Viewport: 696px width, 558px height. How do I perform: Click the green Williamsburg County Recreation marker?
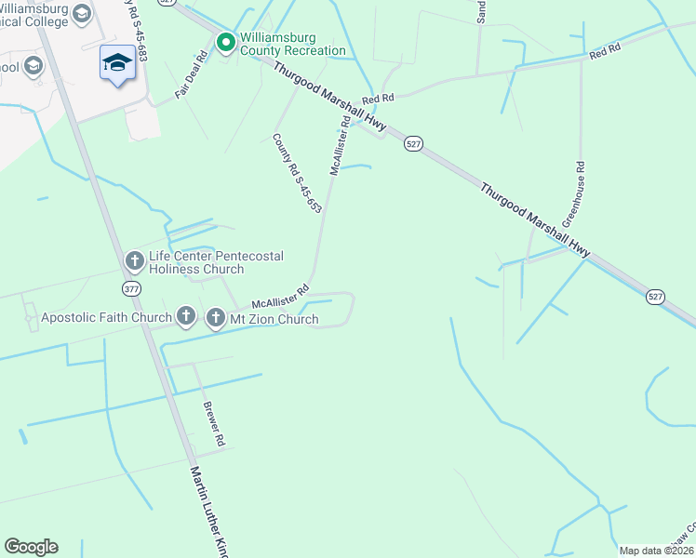point(225,42)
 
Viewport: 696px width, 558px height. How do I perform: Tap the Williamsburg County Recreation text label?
point(293,44)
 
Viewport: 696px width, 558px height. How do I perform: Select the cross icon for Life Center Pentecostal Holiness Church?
point(134,260)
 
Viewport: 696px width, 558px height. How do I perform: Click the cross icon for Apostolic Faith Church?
point(186,317)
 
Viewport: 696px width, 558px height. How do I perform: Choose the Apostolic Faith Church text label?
point(107,318)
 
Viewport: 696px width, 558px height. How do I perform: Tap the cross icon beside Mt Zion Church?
point(215,318)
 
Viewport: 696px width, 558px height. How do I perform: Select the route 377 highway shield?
point(132,289)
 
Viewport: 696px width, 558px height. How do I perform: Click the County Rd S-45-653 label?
point(297,173)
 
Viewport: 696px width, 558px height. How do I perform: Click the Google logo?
point(31,547)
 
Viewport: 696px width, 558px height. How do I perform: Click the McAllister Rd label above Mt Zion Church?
point(280,296)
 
